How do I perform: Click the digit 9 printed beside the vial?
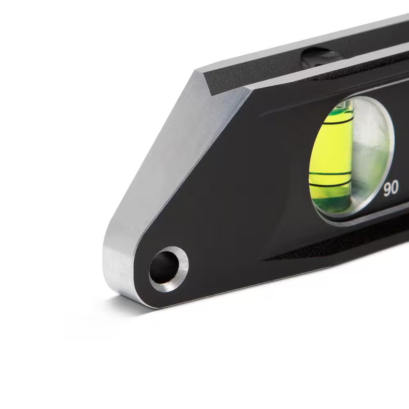pos(387,189)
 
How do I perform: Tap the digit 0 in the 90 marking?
pos(395,189)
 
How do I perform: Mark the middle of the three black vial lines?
pos(330,175)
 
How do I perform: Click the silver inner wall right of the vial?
pos(370,155)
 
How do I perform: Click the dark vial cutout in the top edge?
pos(321,57)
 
